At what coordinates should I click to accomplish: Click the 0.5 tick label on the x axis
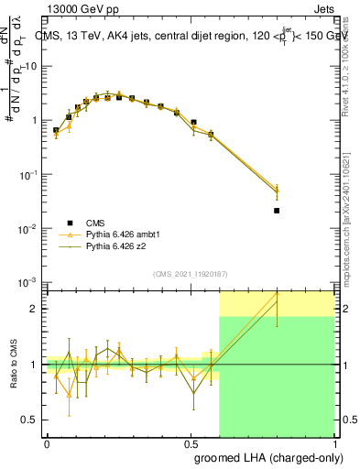[x=190, y=442]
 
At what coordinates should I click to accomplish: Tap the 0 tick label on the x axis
[x=47, y=442]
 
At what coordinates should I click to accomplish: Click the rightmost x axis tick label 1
[x=333, y=442]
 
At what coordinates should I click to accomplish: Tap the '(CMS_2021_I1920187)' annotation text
[x=190, y=274]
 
